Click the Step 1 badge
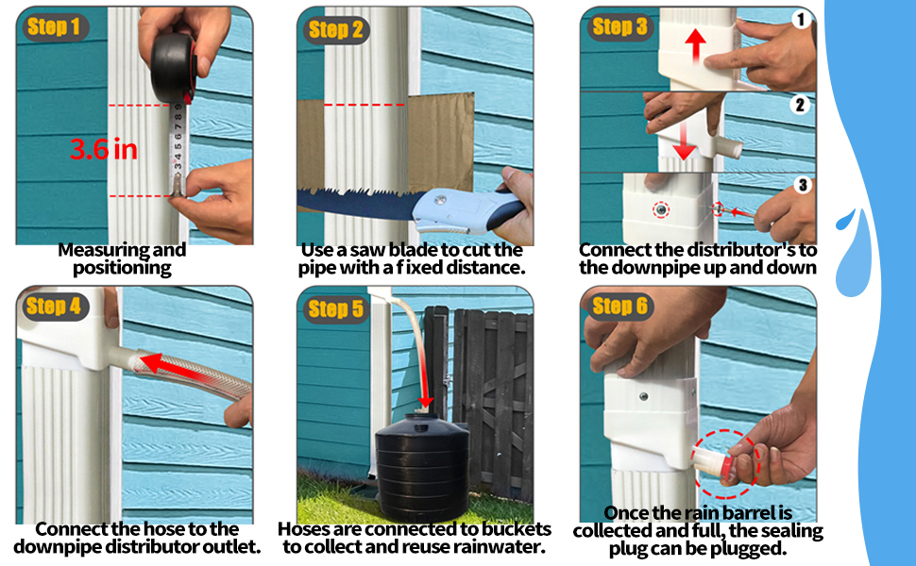[53, 27]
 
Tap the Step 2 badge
[334, 29]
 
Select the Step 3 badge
[620, 27]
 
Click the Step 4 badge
[53, 307]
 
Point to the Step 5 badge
[335, 308]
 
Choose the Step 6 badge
[620, 306]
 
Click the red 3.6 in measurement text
[103, 148]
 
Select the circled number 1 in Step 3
[801, 20]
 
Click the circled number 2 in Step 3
[801, 104]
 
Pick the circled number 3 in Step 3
[801, 184]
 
